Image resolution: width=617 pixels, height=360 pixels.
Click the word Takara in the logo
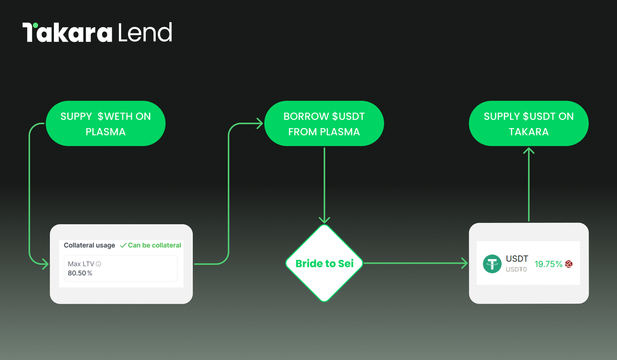tap(67, 32)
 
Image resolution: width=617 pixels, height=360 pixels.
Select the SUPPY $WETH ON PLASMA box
tap(105, 123)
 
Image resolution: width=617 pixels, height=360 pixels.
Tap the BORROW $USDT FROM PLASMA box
tap(324, 123)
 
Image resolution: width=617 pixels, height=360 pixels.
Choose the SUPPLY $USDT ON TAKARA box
tap(529, 123)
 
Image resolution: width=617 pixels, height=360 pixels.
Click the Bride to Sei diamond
tap(324, 263)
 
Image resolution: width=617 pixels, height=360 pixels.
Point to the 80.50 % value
tap(80, 273)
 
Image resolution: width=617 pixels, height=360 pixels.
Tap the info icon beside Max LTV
tap(99, 264)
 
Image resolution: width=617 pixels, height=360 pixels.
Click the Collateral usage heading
tap(89, 245)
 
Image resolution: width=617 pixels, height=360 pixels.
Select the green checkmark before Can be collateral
tap(123, 245)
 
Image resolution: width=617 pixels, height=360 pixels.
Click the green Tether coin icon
tap(492, 264)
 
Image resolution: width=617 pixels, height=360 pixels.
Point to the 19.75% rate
tap(548, 264)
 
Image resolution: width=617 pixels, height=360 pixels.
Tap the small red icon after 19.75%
tap(569, 264)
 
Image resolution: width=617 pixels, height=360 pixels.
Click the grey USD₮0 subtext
tap(516, 269)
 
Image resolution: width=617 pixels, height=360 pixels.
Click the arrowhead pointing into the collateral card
tap(46, 264)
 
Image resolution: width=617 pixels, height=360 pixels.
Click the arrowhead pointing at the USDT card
tap(465, 263)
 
